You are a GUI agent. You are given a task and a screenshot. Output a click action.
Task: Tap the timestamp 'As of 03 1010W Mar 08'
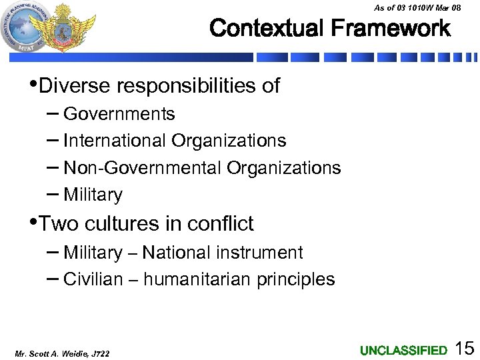417,7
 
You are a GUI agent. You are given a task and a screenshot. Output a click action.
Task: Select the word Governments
119,114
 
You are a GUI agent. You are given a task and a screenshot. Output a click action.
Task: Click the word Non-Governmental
142,168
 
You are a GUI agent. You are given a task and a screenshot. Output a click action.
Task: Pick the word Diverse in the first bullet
74,86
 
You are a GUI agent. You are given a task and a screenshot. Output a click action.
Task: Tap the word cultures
129,223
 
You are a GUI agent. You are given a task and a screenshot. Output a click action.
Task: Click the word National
175,253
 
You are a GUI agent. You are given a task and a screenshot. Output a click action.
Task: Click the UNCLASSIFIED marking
403,350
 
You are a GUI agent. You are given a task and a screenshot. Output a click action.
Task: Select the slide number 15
464,347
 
